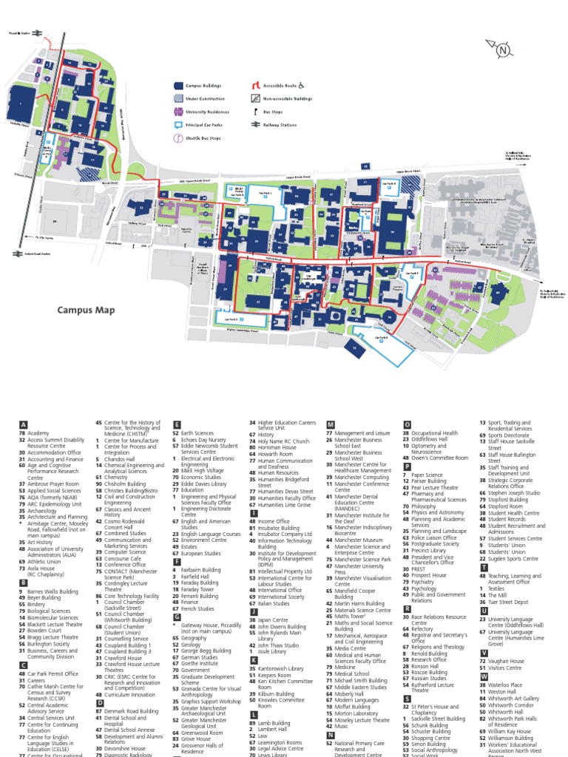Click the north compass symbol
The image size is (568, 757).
[503, 50]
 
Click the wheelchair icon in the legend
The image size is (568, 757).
[310, 85]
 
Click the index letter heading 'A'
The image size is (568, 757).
[24, 425]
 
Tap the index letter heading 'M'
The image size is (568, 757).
[331, 425]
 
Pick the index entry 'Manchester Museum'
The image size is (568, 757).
[358, 540]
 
